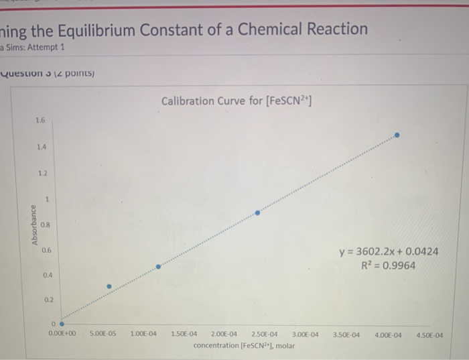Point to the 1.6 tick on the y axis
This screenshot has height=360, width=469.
point(40,121)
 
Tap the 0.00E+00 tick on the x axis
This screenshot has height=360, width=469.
point(62,333)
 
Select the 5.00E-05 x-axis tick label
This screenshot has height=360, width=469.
point(103,333)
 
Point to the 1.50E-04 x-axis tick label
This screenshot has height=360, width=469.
point(184,333)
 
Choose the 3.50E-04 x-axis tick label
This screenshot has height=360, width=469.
point(346,333)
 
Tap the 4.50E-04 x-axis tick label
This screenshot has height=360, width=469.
point(429,333)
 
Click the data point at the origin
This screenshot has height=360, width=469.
point(62,326)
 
